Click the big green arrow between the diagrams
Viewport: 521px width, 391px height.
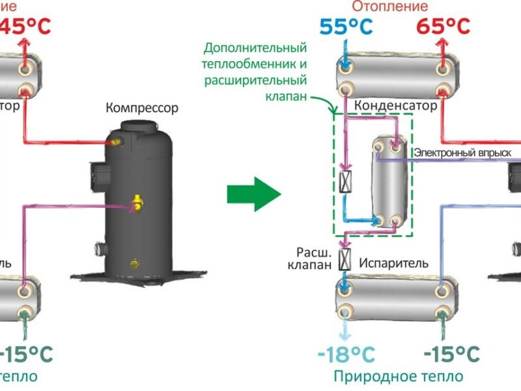[x=253, y=194]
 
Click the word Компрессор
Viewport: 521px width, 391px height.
[x=142, y=108]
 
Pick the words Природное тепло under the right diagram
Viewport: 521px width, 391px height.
[x=399, y=376]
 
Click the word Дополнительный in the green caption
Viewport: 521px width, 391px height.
[x=255, y=48]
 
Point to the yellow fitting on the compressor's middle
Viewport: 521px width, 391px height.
[x=137, y=203]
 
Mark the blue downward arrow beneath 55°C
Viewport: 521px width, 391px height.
[x=346, y=51]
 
